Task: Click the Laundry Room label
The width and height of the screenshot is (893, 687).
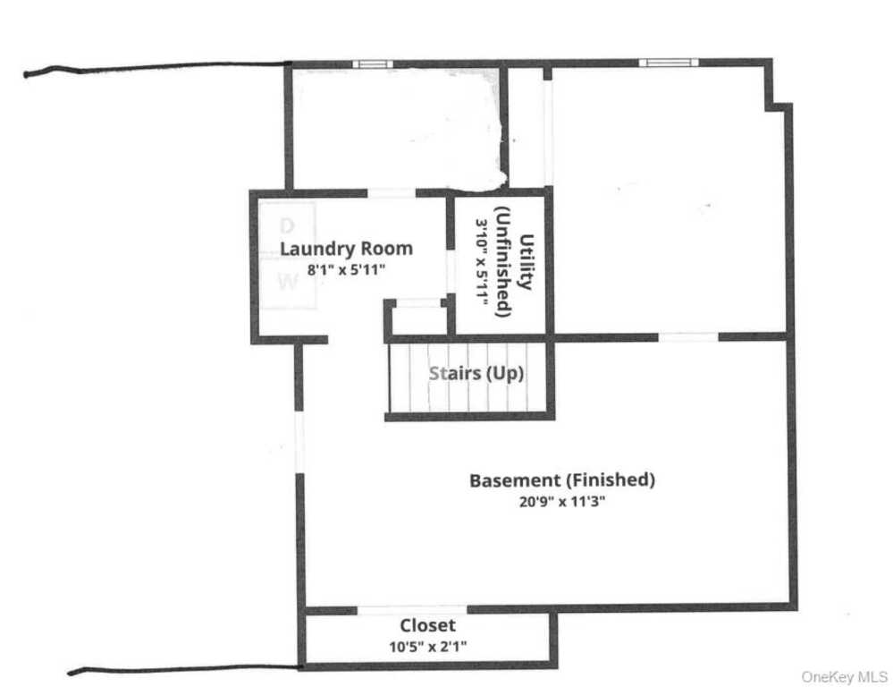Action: (346, 249)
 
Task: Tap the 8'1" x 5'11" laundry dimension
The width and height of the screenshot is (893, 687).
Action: (346, 269)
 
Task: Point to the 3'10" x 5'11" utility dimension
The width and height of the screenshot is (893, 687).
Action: (483, 262)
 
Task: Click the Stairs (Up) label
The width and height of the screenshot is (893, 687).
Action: (476, 373)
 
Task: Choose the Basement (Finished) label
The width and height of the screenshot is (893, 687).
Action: (562, 480)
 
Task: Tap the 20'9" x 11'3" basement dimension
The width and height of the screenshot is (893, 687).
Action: (562, 502)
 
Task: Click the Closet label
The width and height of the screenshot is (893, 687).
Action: (427, 625)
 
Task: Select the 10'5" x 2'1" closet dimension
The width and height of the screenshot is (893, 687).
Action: (427, 647)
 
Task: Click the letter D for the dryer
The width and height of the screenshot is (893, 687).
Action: (287, 226)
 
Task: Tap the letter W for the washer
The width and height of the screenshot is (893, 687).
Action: (288, 281)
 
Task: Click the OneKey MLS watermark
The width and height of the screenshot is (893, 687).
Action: (844, 677)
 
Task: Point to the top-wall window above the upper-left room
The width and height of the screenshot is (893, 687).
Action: (373, 64)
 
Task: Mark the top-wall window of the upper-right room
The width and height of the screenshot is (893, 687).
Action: (669, 63)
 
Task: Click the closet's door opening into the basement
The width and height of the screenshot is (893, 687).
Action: (412, 610)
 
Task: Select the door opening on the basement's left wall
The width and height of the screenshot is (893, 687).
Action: (299, 442)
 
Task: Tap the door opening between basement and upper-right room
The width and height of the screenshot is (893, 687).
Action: (688, 337)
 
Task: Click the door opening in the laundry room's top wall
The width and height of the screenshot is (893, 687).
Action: (392, 193)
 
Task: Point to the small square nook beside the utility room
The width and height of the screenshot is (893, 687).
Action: (419, 317)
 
